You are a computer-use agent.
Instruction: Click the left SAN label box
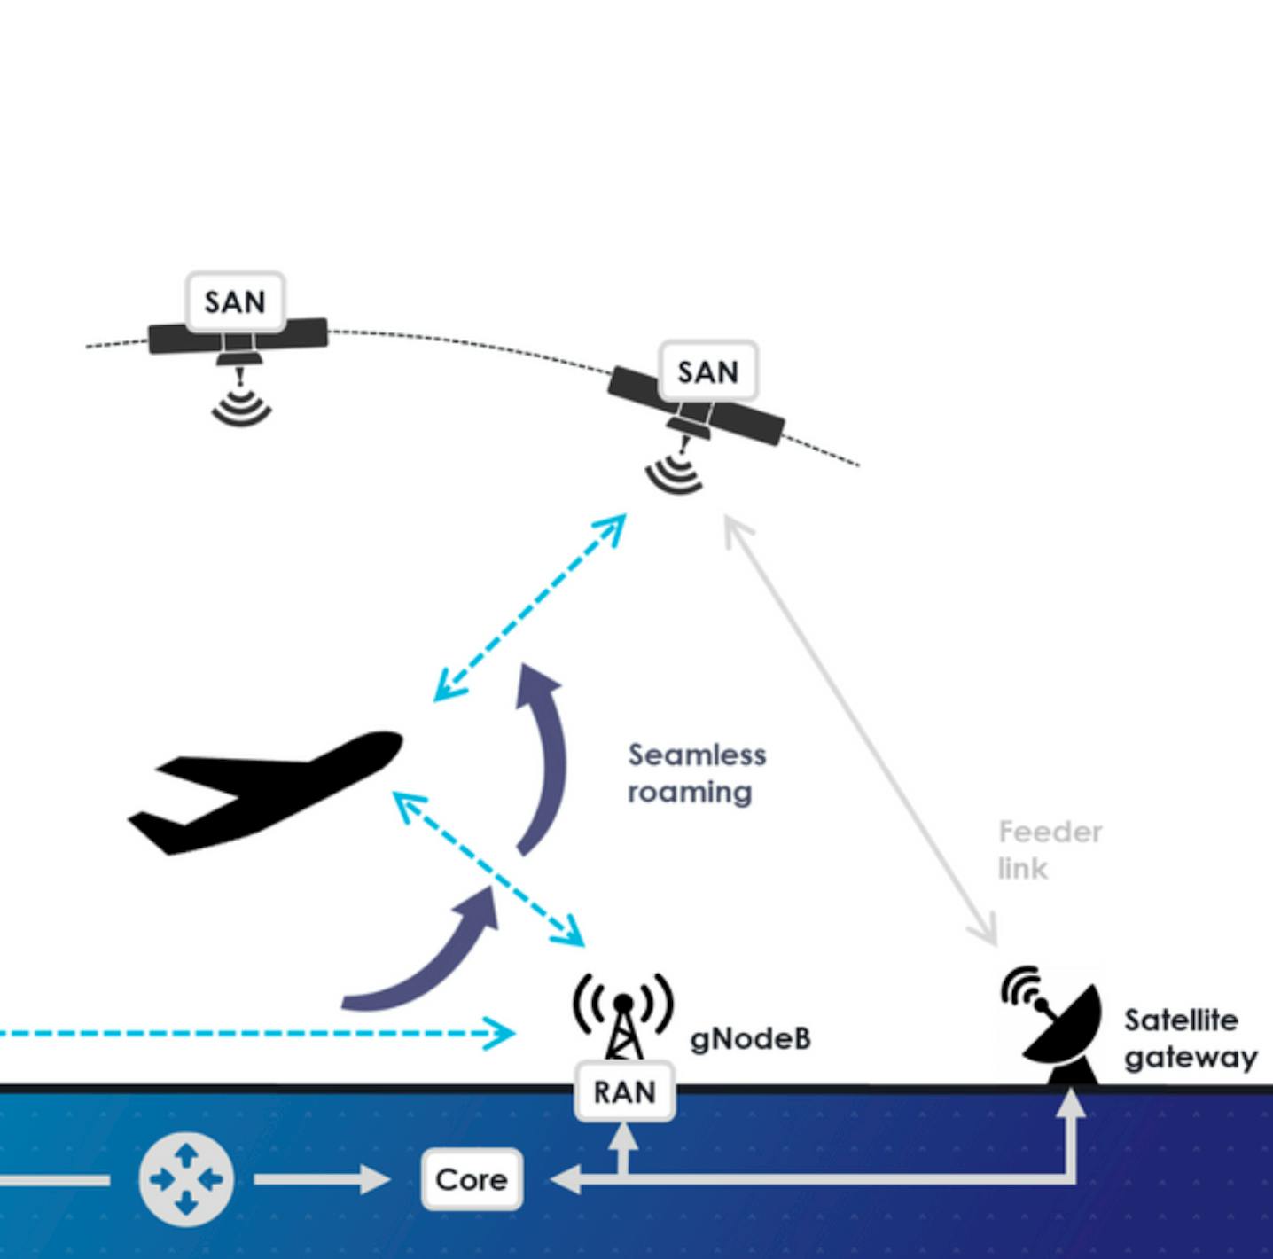pos(236,301)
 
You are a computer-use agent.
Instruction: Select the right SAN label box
pos(708,371)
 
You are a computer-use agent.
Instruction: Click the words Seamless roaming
pos(697,773)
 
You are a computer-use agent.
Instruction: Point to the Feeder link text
pos(1050,849)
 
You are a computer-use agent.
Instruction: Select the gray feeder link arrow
pos(860,731)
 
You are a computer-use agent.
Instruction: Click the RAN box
pos(625,1091)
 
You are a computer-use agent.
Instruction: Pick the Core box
pos(472,1179)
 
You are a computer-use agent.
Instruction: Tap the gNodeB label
pos(750,1038)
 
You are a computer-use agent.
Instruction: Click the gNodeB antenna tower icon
pos(623,1020)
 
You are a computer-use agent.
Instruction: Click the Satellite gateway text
pos(1190,1038)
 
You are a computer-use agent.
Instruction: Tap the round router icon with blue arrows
pos(186,1179)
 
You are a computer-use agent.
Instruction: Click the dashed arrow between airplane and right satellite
pos(530,607)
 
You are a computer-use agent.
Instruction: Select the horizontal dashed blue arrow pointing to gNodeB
pos(257,1033)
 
